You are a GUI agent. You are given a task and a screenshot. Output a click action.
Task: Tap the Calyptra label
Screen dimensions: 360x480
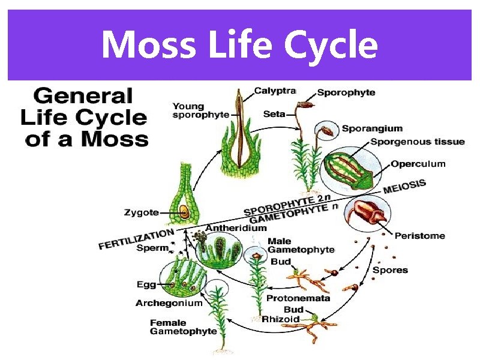tap(275, 91)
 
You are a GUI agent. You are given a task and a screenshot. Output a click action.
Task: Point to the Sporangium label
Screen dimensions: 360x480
tap(372, 128)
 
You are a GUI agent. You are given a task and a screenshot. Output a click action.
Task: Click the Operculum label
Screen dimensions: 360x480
tap(418, 163)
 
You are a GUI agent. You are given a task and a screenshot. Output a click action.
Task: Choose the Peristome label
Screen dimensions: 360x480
tap(419, 236)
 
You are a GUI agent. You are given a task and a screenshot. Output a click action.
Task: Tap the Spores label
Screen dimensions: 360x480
tap(390, 270)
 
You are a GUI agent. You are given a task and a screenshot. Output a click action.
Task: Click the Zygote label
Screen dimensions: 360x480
tap(142, 212)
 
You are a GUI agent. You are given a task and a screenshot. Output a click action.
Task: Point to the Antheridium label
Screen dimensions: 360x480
tap(236, 228)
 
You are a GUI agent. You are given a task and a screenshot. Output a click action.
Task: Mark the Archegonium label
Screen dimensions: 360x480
tap(169, 303)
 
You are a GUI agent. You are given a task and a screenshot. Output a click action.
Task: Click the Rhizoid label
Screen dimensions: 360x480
tap(280, 319)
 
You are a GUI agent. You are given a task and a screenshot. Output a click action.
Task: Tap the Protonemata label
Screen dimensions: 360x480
tap(298, 298)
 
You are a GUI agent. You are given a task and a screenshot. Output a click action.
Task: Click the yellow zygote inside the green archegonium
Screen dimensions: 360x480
tap(185, 212)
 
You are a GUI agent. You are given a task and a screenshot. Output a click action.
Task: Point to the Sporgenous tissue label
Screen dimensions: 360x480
tap(418, 142)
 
